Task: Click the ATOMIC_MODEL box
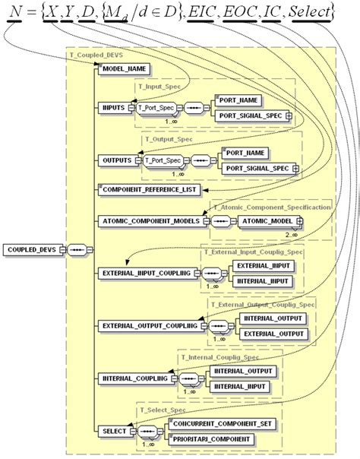click(268, 220)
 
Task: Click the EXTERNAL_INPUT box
click(263, 266)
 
